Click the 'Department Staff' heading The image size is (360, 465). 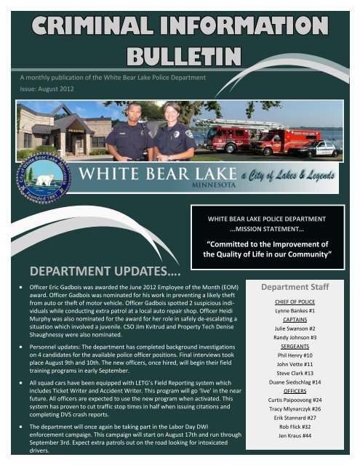301,287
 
